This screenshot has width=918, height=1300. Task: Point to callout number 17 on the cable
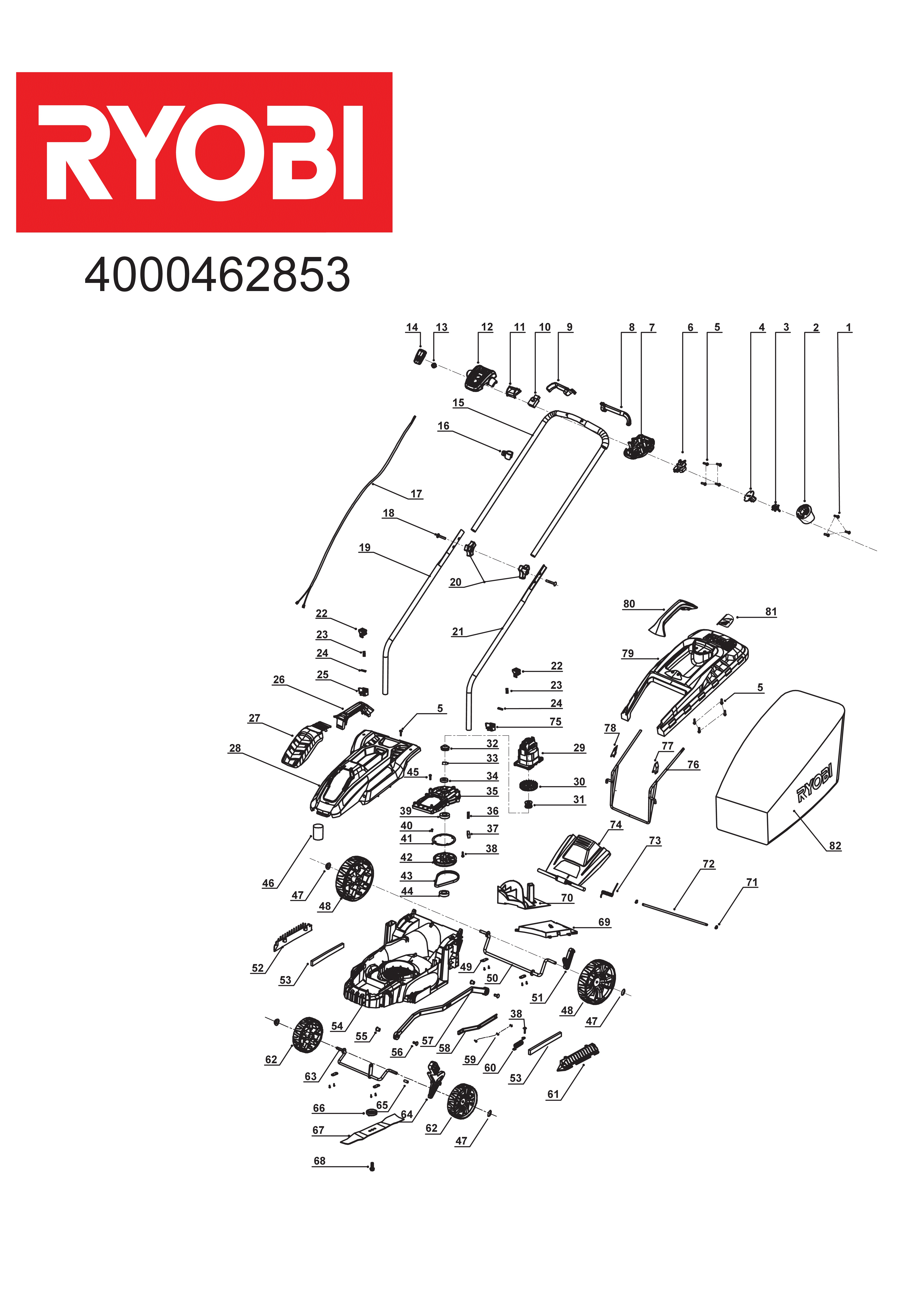click(x=416, y=494)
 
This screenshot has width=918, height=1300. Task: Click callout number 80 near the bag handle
click(x=629, y=604)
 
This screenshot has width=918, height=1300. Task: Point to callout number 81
click(x=771, y=612)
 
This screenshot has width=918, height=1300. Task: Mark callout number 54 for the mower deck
click(x=337, y=1026)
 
